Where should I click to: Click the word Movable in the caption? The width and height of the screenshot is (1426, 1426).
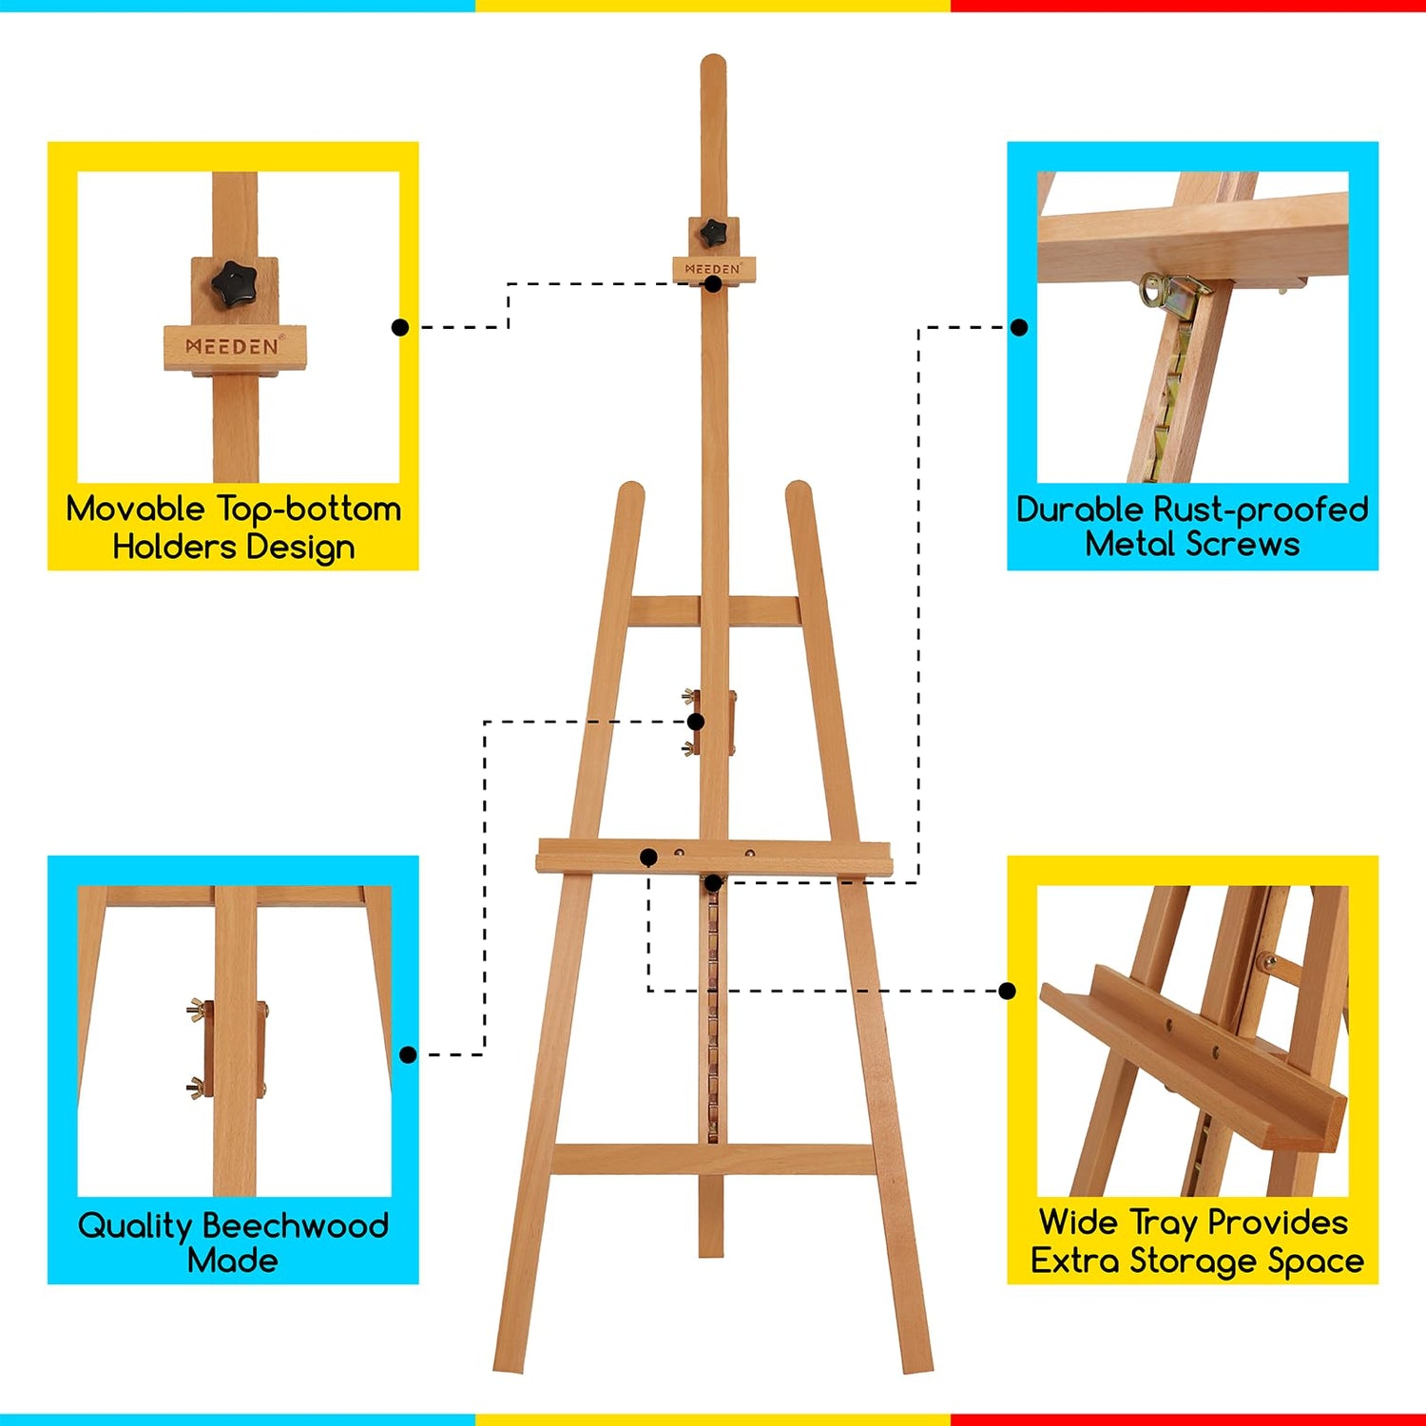[x=135, y=509]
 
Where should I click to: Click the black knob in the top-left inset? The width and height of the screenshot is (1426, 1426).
[x=234, y=283]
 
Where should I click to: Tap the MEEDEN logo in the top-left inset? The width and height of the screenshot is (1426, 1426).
[x=233, y=346]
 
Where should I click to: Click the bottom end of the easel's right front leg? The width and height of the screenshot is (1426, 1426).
[x=917, y=1365]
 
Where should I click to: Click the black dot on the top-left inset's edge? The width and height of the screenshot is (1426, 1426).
[x=400, y=327]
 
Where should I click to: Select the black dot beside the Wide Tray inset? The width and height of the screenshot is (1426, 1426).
[x=1008, y=991]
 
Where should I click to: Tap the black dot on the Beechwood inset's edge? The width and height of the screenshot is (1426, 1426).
[x=408, y=1054]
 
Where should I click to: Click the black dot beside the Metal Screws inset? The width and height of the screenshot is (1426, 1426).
[x=1019, y=327]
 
